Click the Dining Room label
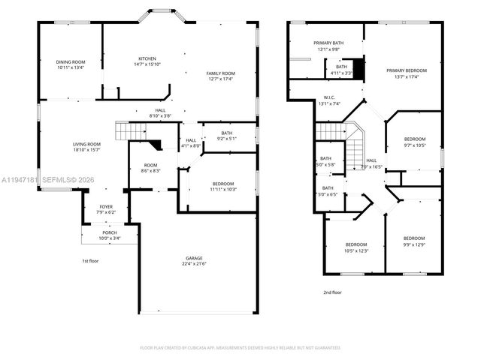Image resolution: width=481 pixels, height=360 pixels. (x=71, y=62)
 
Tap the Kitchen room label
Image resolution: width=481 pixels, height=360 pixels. (x=147, y=58)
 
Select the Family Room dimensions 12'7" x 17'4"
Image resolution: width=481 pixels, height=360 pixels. (x=222, y=78)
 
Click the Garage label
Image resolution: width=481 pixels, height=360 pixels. (x=194, y=259)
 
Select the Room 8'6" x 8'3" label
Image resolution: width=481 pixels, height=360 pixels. (x=151, y=166)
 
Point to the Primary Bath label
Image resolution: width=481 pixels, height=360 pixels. (x=328, y=43)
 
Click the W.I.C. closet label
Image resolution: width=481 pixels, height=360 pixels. (x=329, y=97)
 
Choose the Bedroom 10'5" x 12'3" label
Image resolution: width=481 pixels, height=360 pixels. (x=356, y=244)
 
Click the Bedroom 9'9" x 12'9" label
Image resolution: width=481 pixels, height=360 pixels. (x=414, y=242)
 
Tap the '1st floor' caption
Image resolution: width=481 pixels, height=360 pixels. (x=90, y=260)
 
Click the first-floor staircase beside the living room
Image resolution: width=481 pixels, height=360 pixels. (x=129, y=131)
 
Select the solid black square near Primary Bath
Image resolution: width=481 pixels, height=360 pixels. (x=359, y=68)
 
